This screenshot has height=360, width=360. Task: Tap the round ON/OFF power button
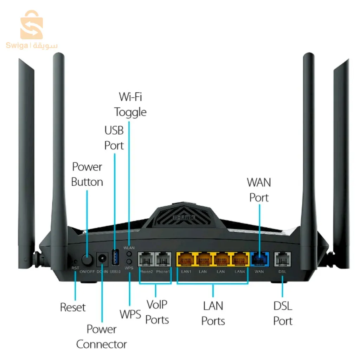[87, 260]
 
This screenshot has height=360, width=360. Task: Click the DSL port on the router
[283, 260]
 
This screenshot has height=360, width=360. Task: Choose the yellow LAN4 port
[239, 260]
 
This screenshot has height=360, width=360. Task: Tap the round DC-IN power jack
[102, 260]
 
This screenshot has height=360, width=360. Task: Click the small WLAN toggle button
[129, 254]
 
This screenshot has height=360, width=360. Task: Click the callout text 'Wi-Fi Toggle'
[130, 104]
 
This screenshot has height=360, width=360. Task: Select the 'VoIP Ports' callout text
[157, 312]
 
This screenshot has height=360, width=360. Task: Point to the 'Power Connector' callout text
[102, 336]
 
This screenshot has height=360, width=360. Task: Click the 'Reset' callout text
[73, 307]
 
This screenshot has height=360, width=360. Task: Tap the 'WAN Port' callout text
[259, 190]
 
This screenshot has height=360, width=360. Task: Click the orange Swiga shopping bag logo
[32, 25]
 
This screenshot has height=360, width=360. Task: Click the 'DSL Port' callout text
[283, 313]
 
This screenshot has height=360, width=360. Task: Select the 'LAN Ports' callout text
[213, 313]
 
